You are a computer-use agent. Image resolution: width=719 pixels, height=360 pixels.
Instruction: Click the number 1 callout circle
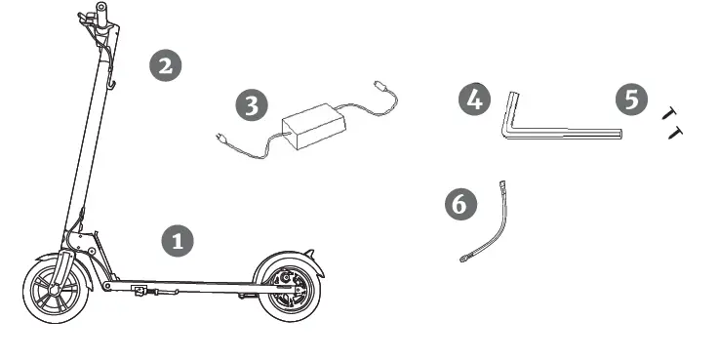click(177, 241)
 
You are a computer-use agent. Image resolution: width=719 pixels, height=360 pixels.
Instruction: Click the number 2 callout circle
click(164, 65)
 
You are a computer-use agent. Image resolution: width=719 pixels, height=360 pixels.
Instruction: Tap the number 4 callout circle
click(474, 100)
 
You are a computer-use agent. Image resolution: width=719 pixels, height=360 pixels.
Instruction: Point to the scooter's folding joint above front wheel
click(83, 239)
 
